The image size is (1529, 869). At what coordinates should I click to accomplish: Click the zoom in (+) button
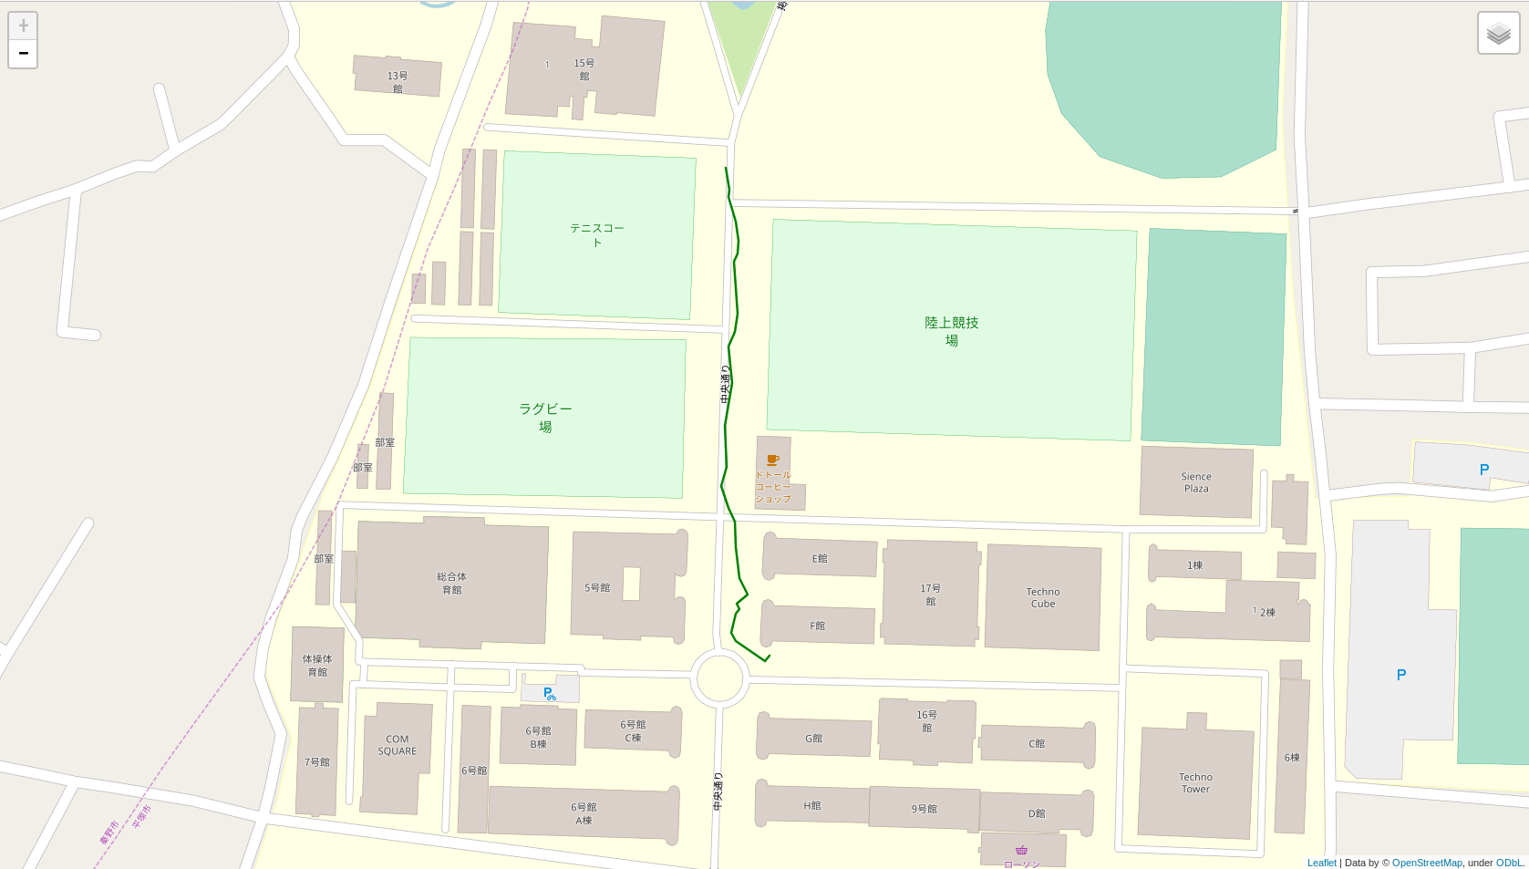(x=23, y=26)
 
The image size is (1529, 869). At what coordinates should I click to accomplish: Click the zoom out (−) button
(x=23, y=54)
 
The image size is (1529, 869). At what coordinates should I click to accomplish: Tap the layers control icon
(x=1498, y=34)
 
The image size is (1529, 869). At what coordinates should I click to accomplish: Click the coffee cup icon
(x=772, y=460)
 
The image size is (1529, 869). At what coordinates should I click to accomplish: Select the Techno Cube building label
(x=1043, y=597)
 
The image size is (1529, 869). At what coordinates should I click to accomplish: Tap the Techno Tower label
(x=1195, y=783)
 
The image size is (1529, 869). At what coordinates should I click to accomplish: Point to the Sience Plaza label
(x=1196, y=482)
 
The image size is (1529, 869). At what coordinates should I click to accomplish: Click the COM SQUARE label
(x=398, y=745)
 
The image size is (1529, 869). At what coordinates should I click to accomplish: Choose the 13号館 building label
(x=398, y=82)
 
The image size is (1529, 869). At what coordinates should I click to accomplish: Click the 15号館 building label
(x=584, y=69)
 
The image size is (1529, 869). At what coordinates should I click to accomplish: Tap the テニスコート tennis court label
(x=597, y=234)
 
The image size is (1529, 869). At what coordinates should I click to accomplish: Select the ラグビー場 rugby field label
(x=545, y=418)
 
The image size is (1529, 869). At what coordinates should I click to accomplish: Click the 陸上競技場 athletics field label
(x=951, y=331)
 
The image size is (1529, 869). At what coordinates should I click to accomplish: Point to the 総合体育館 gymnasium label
(x=451, y=583)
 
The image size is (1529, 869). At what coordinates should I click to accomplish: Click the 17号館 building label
(x=930, y=595)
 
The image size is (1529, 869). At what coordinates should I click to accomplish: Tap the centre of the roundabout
(x=719, y=678)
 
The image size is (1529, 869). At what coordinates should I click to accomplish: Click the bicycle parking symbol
(x=550, y=694)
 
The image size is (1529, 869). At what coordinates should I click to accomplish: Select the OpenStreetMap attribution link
(x=1427, y=863)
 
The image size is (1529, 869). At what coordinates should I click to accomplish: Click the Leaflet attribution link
(x=1321, y=863)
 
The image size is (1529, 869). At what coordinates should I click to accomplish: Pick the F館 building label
(x=818, y=626)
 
